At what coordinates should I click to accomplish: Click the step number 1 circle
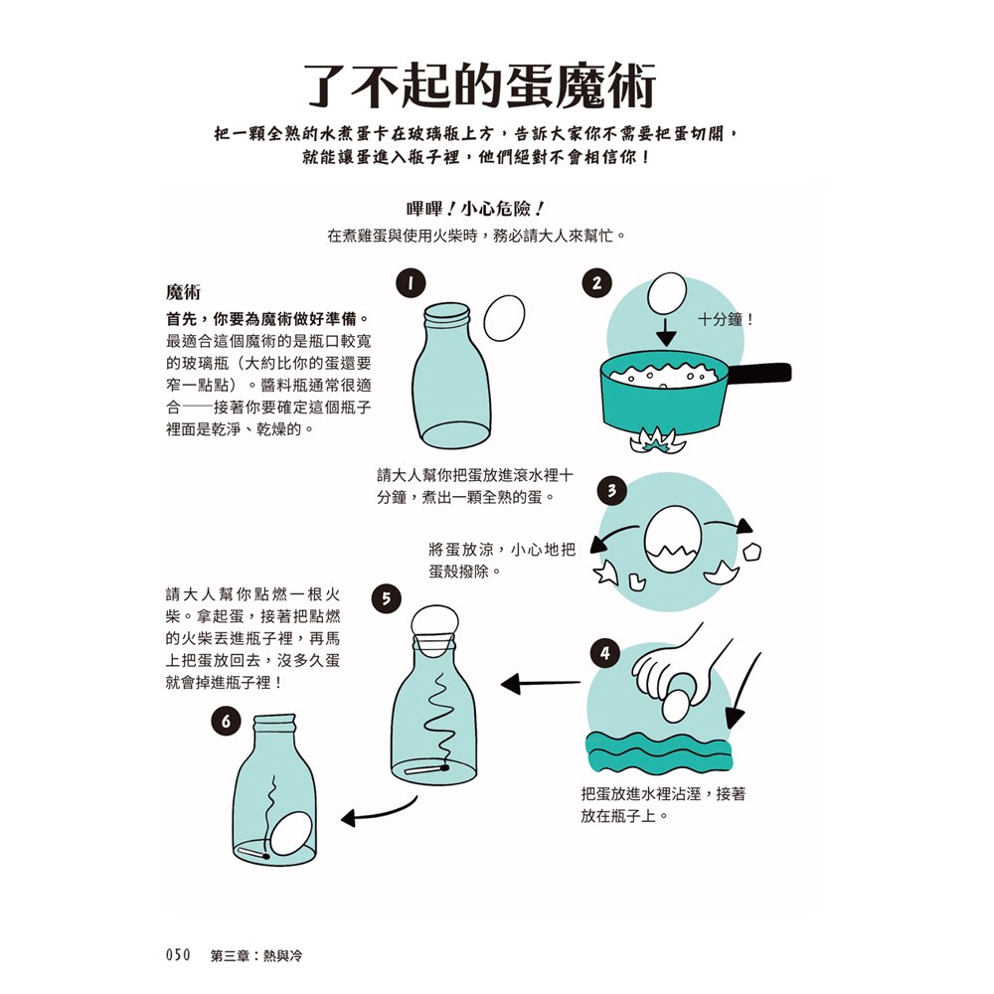click(409, 283)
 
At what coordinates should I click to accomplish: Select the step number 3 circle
click(612, 491)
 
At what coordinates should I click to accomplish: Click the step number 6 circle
click(227, 723)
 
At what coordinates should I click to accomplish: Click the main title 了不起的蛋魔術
click(479, 86)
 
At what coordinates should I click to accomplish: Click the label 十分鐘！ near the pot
click(727, 320)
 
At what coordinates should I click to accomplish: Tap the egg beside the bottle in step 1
click(503, 320)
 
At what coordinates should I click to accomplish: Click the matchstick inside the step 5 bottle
click(426, 768)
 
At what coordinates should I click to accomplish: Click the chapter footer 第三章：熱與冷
click(256, 955)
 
